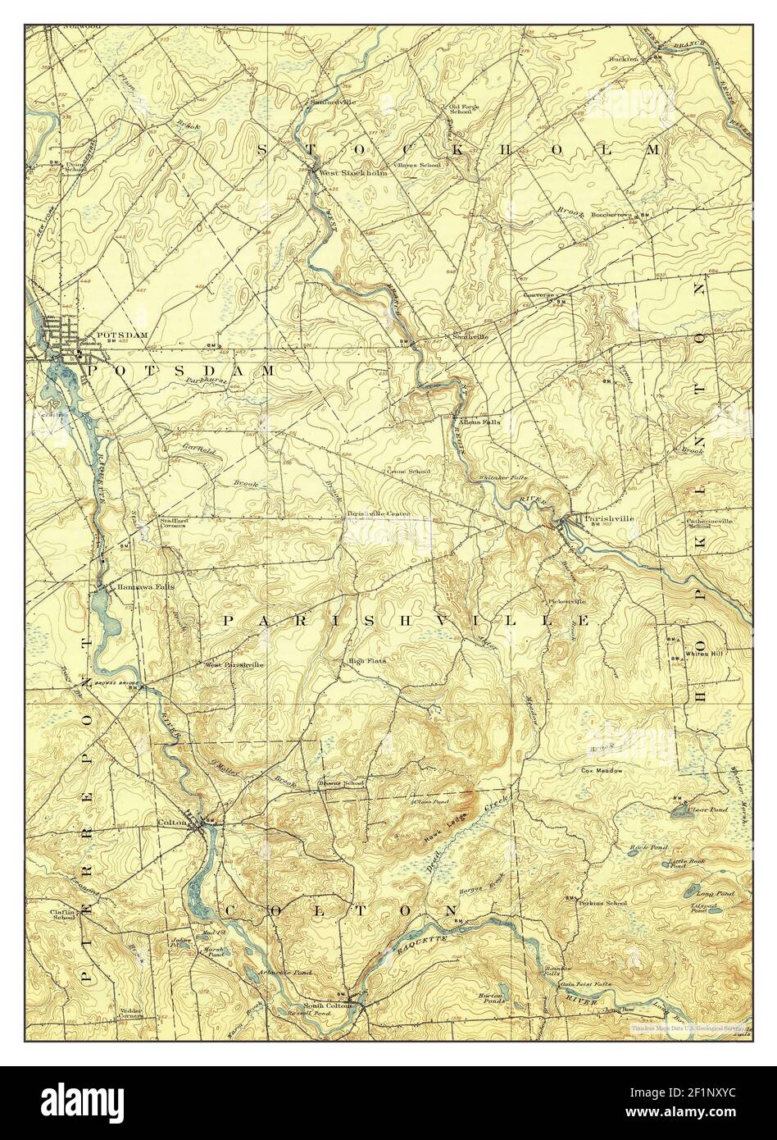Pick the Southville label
(470, 336)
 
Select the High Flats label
(366, 660)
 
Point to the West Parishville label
(234, 665)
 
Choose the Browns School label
(342, 784)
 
